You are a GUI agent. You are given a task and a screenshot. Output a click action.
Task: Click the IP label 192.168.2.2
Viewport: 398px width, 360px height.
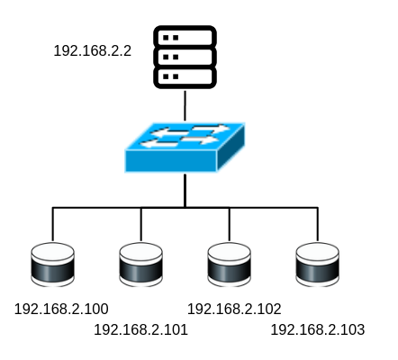[x=93, y=50]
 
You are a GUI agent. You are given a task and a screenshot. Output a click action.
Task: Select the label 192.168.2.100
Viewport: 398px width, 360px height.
[x=61, y=309]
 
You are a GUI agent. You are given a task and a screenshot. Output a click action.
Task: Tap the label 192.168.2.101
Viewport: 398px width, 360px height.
[x=140, y=329]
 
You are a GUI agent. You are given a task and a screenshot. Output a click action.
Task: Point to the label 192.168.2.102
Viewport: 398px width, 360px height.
[x=234, y=309]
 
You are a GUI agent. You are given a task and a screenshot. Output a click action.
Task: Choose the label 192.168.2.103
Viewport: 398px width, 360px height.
[x=318, y=329]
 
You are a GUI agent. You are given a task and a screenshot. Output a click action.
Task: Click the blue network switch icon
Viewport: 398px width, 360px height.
[x=185, y=148]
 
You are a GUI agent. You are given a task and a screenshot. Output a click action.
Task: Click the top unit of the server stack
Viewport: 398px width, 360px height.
[x=185, y=37]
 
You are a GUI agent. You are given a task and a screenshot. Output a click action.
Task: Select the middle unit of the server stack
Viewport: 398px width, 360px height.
[x=185, y=57]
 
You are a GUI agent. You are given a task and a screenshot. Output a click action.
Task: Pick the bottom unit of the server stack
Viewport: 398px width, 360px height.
[x=185, y=77]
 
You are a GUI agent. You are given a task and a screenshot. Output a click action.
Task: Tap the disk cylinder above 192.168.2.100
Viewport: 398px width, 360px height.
[x=53, y=265]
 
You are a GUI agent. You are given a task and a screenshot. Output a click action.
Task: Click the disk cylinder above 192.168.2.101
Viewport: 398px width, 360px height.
[x=141, y=265]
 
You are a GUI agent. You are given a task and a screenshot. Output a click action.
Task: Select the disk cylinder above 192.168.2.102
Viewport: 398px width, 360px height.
[x=230, y=265]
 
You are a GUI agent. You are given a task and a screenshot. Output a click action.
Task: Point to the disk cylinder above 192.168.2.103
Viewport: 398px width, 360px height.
[x=318, y=265]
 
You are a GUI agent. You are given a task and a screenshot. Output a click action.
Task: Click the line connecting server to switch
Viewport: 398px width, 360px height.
[x=185, y=105]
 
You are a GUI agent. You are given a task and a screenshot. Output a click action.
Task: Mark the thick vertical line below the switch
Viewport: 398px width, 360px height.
[x=185, y=191]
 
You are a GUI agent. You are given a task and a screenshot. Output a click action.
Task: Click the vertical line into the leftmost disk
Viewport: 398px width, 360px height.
[x=53, y=224]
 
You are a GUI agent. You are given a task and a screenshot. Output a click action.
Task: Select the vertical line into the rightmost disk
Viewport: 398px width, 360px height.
[x=318, y=224]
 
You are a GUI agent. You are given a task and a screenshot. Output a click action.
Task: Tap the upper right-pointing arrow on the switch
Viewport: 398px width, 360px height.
[x=211, y=129]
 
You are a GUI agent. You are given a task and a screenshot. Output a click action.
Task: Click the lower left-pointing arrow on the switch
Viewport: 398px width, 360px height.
[x=159, y=144]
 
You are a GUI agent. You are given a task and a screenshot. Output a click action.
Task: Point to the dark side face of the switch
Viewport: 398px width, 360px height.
[x=231, y=147]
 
